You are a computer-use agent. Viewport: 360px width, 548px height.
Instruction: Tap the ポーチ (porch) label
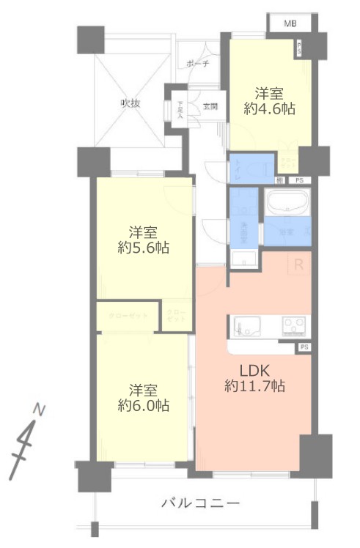pyautogui.click(x=197, y=64)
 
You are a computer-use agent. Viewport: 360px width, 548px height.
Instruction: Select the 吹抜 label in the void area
pyautogui.click(x=131, y=103)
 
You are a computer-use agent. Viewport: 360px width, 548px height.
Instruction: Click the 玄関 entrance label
pyautogui.click(x=210, y=107)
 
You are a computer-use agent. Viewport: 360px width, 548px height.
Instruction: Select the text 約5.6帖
pyautogui.click(x=144, y=248)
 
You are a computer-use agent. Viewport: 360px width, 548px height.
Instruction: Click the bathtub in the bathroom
pyautogui.click(x=287, y=202)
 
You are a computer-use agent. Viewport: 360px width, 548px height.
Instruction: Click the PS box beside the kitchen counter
pyautogui.click(x=304, y=347)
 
